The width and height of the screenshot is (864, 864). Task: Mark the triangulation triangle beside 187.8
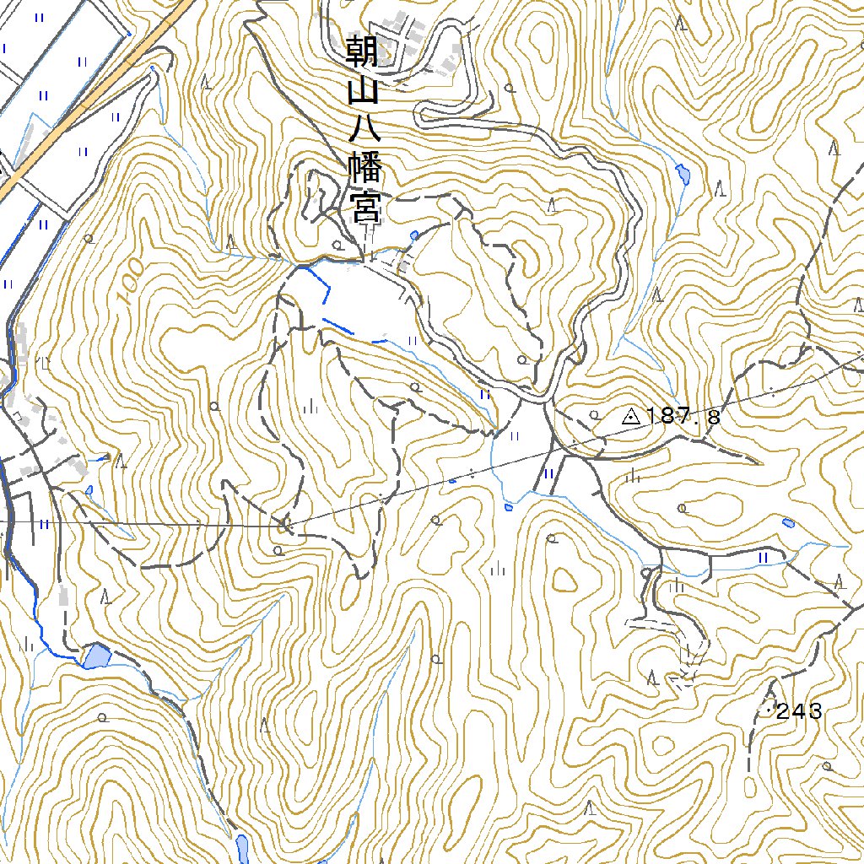630,415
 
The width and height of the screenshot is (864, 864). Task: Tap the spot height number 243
798,712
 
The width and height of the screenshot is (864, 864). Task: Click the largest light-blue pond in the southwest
95,656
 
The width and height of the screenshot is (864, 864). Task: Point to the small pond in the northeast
683,175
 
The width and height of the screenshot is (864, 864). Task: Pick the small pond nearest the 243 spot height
787,523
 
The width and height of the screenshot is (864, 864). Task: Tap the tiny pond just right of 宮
413,235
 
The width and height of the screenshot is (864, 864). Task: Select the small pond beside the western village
89,489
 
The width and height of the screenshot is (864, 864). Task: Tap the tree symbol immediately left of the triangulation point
595,415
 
